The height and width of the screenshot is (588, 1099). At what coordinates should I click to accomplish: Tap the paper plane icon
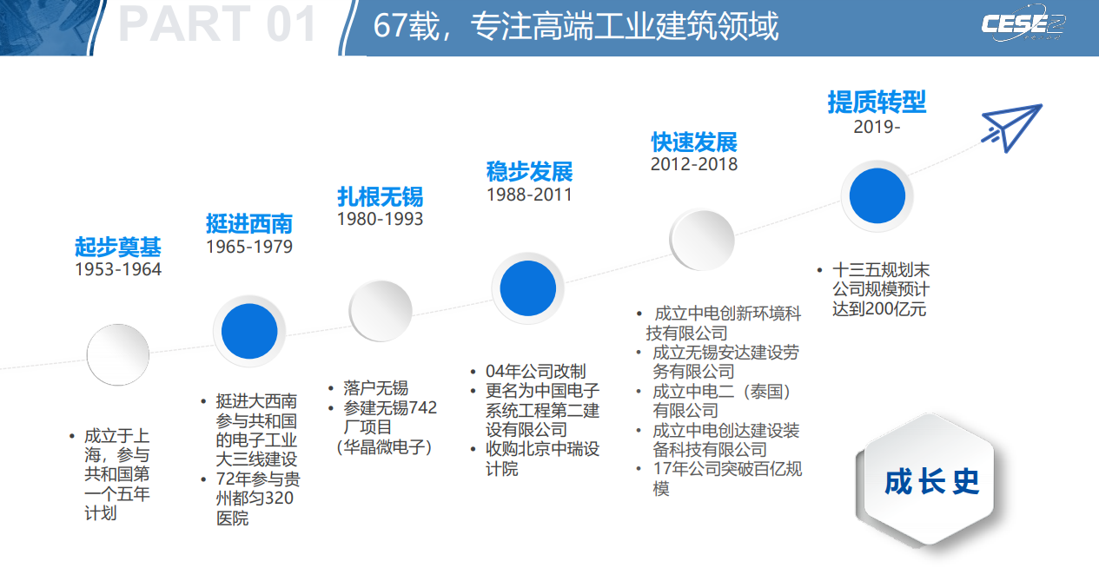click(x=1011, y=128)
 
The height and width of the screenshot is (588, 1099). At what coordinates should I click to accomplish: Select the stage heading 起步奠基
click(x=118, y=247)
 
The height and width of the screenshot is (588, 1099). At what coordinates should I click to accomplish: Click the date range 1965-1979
click(x=249, y=247)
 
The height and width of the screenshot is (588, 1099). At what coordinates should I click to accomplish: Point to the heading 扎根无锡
click(x=381, y=196)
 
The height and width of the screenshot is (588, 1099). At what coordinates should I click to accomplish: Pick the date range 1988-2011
click(x=529, y=195)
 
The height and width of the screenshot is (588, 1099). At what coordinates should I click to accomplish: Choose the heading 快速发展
click(x=694, y=142)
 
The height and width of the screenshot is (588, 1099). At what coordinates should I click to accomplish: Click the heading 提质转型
click(x=877, y=102)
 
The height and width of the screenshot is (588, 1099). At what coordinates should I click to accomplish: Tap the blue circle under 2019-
click(x=877, y=195)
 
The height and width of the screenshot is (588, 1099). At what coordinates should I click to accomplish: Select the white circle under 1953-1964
click(x=118, y=354)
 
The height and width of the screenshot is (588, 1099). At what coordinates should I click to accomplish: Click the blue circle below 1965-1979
click(x=249, y=331)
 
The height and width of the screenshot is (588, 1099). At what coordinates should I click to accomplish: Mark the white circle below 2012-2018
click(x=702, y=240)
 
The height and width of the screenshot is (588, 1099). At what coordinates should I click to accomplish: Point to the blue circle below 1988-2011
click(x=528, y=287)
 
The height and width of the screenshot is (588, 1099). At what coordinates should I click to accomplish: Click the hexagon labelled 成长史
click(x=928, y=479)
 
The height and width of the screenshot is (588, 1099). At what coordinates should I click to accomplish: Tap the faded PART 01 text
click(x=218, y=24)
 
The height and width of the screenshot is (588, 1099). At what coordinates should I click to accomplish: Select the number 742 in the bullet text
click(x=422, y=407)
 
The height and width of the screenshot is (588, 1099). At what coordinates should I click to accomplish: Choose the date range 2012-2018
click(x=694, y=164)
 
